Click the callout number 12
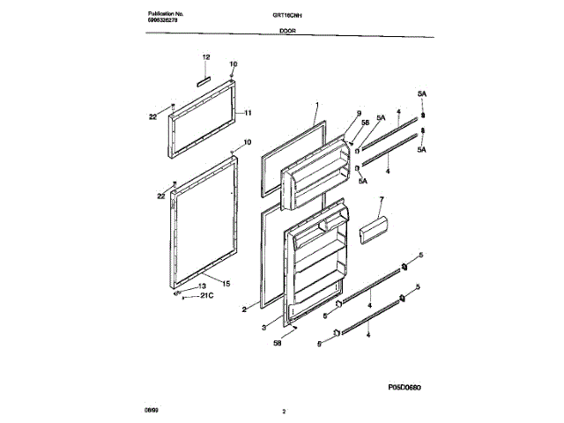205,57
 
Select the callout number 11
248,113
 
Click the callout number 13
202,286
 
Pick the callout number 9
360,112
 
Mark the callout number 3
264,326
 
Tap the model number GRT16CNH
286,16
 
